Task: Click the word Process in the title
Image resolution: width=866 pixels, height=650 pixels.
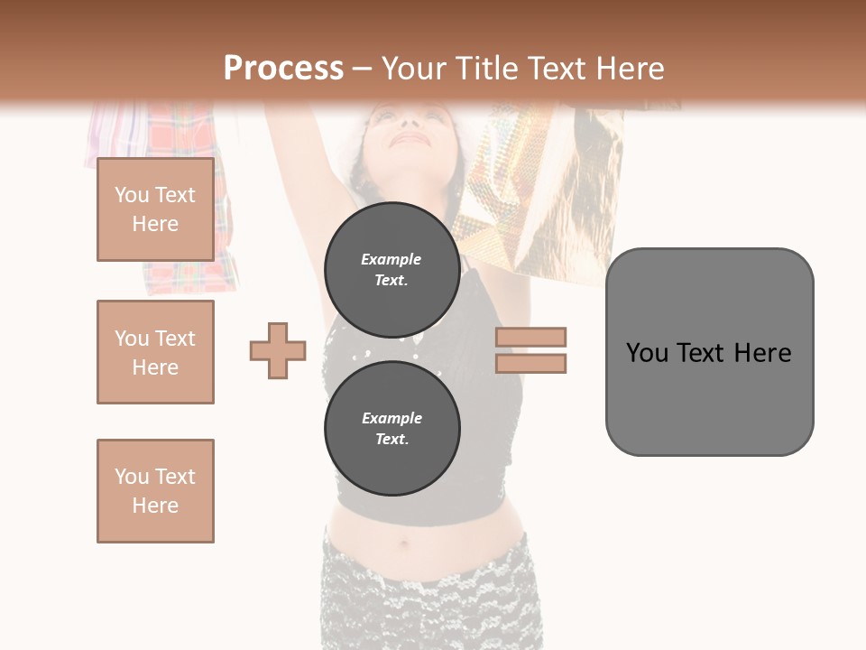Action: coord(283,69)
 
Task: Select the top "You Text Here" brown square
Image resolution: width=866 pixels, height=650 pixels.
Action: coord(155,209)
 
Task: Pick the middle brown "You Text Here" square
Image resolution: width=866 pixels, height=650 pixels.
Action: coord(155,352)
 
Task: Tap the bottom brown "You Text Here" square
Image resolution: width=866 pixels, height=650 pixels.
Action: coord(155,491)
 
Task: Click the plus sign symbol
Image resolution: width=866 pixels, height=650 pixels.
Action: coord(278,350)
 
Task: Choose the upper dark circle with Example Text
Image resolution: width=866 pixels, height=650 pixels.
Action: coord(392,269)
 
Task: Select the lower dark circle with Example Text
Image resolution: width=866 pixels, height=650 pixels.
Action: coord(392,428)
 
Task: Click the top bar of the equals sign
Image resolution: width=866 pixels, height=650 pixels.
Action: coord(530,337)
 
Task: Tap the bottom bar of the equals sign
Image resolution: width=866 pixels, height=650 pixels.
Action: coord(530,363)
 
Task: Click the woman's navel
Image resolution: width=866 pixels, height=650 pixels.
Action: coord(402,544)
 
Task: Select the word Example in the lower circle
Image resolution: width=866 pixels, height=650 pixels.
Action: coord(392,418)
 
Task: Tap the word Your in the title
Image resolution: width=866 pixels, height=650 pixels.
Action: coord(413,69)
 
